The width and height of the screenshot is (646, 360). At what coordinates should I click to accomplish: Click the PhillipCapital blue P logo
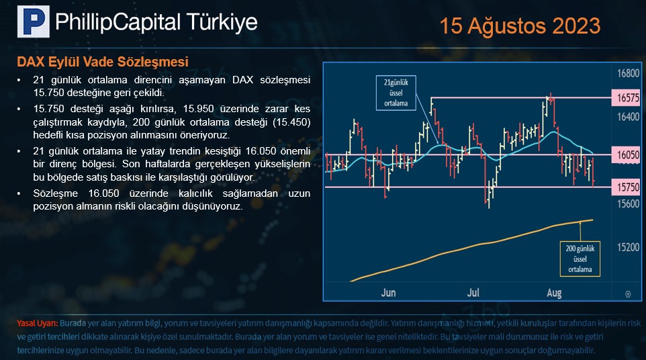34,21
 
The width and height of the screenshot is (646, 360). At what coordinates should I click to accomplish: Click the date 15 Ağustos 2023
520,26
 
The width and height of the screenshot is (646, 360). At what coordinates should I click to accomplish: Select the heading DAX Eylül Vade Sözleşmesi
103,62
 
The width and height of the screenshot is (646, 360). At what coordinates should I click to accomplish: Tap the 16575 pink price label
627,98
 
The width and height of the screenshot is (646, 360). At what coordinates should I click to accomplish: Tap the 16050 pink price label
627,155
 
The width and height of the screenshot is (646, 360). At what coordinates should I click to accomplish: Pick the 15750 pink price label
627,187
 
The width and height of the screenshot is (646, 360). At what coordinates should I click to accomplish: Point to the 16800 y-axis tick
629,73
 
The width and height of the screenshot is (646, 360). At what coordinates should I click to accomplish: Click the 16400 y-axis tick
629,117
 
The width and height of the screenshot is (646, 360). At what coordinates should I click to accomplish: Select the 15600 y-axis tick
629,204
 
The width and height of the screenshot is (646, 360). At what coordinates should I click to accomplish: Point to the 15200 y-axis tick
629,247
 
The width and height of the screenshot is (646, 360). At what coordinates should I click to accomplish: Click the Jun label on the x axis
389,292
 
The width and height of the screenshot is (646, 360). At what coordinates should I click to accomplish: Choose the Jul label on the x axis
473,292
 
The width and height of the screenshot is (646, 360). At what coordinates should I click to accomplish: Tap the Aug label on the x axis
554,293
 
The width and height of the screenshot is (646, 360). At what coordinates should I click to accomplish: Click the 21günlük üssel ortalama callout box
396,93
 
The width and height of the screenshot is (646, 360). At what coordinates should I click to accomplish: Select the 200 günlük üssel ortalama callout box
580,259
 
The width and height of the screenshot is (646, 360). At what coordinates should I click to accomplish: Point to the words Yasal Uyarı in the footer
37,323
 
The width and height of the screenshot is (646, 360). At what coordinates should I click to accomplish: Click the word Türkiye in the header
222,22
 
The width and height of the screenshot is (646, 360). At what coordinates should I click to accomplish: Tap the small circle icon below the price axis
628,294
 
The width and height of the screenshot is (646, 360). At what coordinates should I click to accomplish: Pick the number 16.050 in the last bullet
104,193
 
